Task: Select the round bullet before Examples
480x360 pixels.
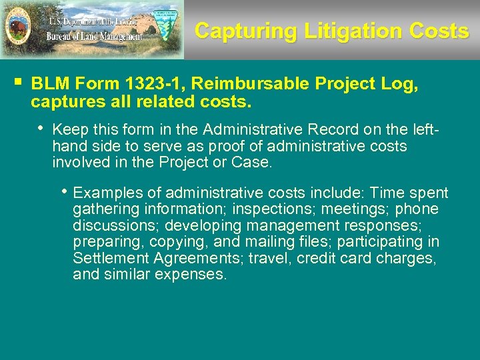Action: pyautogui.click(x=64, y=191)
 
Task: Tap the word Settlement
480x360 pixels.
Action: pyautogui.click(x=109, y=257)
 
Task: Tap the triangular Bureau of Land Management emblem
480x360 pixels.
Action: pyautogui.click(x=166, y=26)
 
